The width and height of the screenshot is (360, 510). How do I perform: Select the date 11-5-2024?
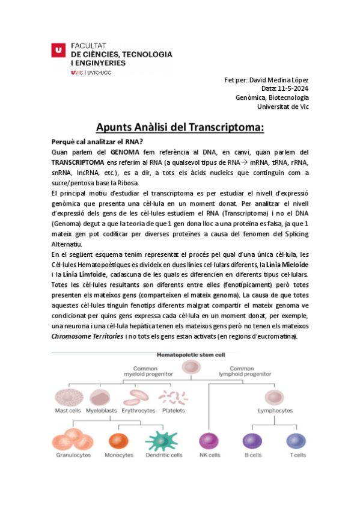pyautogui.click(x=294, y=89)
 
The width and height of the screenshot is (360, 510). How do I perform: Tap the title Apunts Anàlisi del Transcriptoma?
pyautogui.click(x=180, y=127)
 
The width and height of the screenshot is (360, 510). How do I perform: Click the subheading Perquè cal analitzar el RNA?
pyautogui.click(x=97, y=141)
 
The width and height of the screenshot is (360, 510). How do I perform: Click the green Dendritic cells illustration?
pyautogui.click(x=163, y=441)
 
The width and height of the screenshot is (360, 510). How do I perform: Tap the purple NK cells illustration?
pyautogui.click(x=209, y=441)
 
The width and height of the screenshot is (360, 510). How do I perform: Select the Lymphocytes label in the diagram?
pyautogui.click(x=275, y=411)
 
